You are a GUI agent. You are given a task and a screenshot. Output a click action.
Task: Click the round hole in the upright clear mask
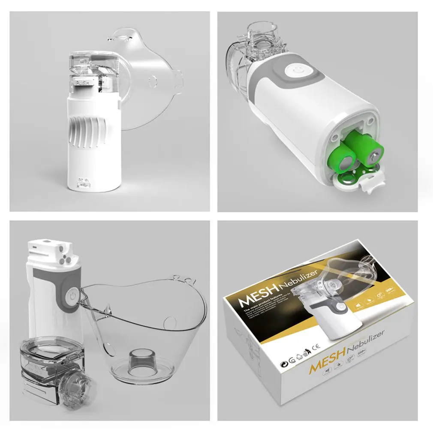151,80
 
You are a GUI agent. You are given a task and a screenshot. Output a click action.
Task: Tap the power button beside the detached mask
72,296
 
